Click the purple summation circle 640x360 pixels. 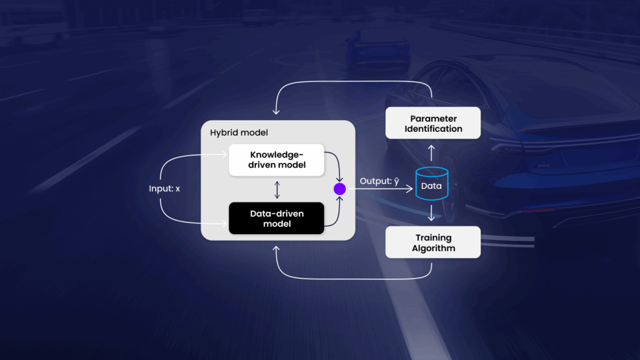[339, 188]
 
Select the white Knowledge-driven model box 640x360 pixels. [276, 159]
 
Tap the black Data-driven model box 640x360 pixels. [276, 218]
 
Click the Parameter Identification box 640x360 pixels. [432, 123]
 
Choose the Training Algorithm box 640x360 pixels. [432, 242]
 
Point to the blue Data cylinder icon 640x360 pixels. [432, 184]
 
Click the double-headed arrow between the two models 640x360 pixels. [276, 189]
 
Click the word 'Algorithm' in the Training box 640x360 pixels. [433, 248]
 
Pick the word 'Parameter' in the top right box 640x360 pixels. [433, 118]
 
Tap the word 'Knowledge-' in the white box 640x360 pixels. [276, 154]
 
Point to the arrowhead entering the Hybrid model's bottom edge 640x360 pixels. [276, 247]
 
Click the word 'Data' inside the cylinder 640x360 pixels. [432, 186]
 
